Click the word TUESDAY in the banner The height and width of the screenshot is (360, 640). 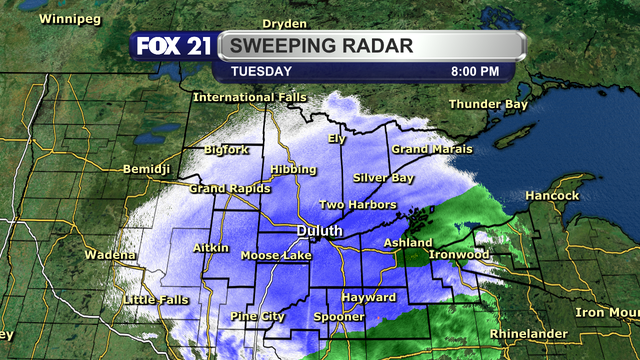pyautogui.click(x=261, y=72)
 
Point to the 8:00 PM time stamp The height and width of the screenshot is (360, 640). pyautogui.click(x=475, y=72)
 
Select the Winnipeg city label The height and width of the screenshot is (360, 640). pyautogui.click(x=64, y=19)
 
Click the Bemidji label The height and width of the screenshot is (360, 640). pyautogui.click(x=146, y=169)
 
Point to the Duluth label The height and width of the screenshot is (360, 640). pyautogui.click(x=320, y=231)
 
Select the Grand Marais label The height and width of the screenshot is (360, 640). pyautogui.click(x=430, y=149)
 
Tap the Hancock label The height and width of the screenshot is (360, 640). pyautogui.click(x=551, y=196)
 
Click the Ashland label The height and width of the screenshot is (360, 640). pyautogui.click(x=408, y=243)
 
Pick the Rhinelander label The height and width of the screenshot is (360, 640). pyautogui.click(x=529, y=333)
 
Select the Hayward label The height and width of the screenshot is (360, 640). pyautogui.click(x=362, y=298)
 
